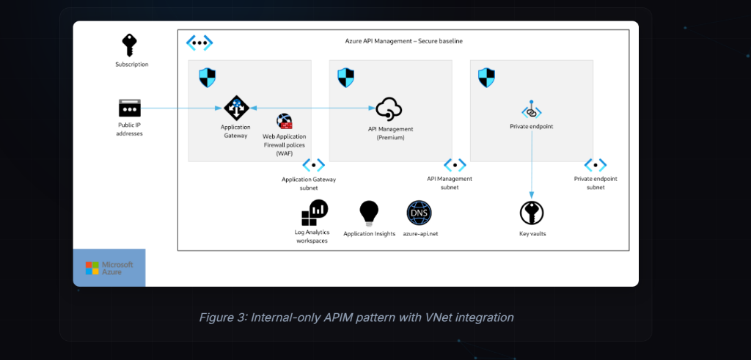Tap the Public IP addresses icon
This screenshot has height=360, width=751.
pyautogui.click(x=129, y=109)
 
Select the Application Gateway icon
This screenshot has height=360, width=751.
pyautogui.click(x=236, y=109)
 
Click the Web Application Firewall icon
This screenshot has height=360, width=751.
pyautogui.click(x=284, y=122)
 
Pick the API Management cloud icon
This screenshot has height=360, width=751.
pyautogui.click(x=389, y=110)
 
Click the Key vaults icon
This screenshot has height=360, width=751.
pyautogui.click(x=532, y=213)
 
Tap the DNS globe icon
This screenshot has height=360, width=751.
pyautogui.click(x=420, y=213)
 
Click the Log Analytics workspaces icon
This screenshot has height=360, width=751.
pyautogui.click(x=313, y=213)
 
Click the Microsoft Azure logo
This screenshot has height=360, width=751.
pyautogui.click(x=109, y=268)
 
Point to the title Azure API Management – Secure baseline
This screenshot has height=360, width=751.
pyautogui.click(x=403, y=41)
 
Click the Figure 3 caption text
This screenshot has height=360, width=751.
pyautogui.click(x=356, y=317)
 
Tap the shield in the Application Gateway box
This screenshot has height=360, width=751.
pyautogui.click(x=207, y=77)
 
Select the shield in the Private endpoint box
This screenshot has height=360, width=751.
pyautogui.click(x=486, y=77)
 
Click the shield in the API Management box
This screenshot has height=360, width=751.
pyautogui.click(x=345, y=77)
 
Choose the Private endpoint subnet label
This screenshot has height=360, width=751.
pyautogui.click(x=596, y=183)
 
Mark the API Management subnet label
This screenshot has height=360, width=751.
pyautogui.click(x=450, y=183)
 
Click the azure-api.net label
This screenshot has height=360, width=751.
pyautogui.click(x=420, y=234)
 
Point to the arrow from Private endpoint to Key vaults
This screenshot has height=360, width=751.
pyautogui.click(x=531, y=161)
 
